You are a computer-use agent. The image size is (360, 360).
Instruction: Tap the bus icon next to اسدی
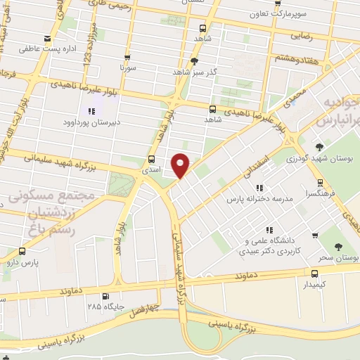[153, 159]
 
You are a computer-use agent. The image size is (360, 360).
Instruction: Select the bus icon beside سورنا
[127, 58]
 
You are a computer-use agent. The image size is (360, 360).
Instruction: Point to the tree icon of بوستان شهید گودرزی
[319, 148]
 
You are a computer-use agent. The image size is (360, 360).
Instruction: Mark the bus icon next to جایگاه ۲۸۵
[105, 296]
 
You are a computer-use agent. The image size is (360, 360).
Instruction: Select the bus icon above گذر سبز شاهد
[184, 60]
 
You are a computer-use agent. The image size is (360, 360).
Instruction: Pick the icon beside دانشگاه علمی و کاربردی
[269, 230]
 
